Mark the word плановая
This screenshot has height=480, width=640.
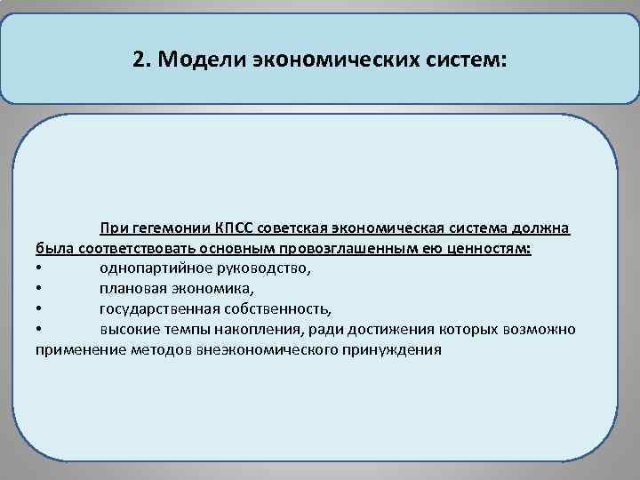point(132,289)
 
